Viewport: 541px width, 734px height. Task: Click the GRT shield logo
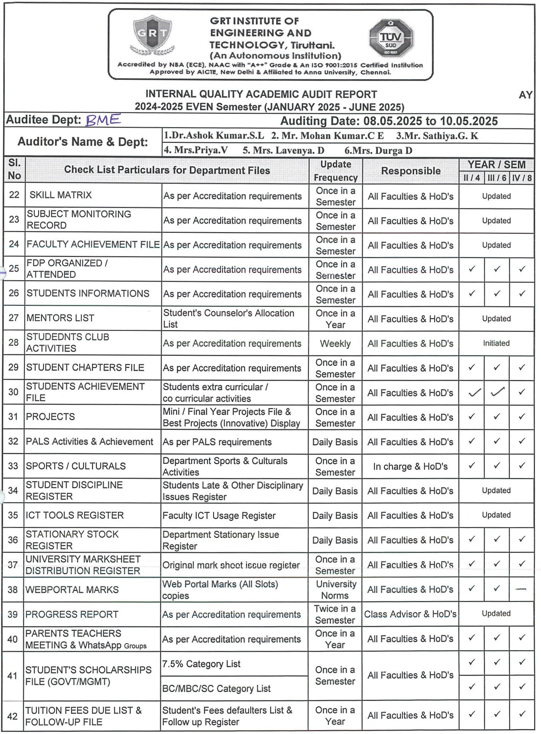point(153,35)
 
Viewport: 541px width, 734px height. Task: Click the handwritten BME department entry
point(103,120)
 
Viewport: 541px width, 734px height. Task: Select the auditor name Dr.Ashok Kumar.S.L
point(214,136)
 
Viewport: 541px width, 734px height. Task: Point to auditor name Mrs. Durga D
point(378,150)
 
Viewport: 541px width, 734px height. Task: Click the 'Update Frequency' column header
point(335,171)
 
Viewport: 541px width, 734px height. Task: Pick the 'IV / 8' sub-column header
point(522,178)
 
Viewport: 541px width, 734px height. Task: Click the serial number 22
point(14,195)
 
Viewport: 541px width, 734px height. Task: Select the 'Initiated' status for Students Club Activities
point(496,343)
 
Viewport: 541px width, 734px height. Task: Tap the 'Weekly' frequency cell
point(335,344)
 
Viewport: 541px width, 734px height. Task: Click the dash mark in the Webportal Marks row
point(521,589)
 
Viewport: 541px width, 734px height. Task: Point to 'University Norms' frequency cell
point(335,590)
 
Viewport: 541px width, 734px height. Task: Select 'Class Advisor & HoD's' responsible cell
point(410,614)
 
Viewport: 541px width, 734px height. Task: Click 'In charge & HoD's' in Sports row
point(410,466)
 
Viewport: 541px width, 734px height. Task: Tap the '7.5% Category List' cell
point(201,664)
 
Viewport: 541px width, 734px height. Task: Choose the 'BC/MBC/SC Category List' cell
point(216,688)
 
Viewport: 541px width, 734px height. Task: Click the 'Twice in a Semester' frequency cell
point(335,614)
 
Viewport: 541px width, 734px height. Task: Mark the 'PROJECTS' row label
point(50,417)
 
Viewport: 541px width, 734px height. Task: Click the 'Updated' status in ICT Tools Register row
point(496,515)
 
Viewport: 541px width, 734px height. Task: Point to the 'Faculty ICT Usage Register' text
point(219,516)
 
